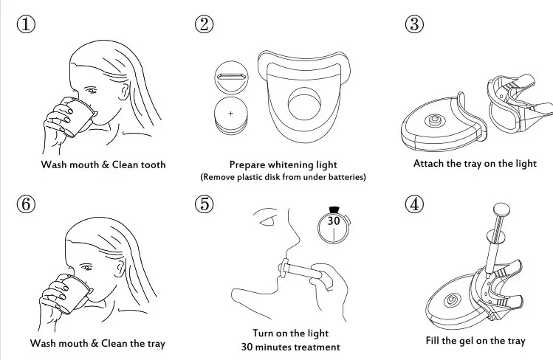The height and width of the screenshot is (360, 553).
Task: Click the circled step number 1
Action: coord(27,24)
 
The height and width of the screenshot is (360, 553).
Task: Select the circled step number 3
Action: coord(415,24)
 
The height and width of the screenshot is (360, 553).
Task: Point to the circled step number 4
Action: coord(415,204)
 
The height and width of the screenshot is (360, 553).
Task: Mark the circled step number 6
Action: coord(27,204)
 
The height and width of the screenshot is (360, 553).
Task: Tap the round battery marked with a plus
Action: coord(230,114)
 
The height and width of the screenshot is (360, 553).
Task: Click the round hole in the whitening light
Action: coord(303,103)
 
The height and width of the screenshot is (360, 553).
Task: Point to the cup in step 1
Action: coord(76,117)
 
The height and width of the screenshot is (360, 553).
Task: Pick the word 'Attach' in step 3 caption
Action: coord(428,163)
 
